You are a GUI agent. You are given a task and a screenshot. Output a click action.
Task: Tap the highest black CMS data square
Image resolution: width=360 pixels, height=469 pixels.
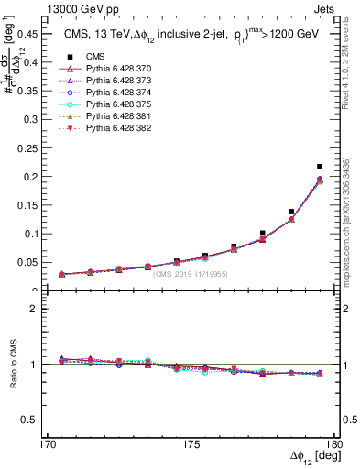(320, 167)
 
